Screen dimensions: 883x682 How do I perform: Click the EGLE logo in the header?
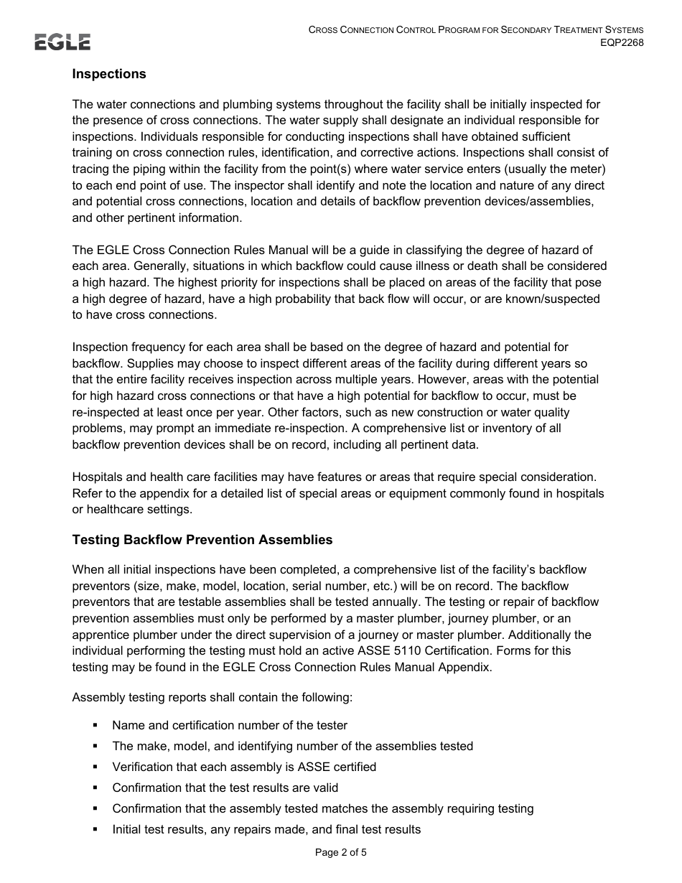coord(62,42)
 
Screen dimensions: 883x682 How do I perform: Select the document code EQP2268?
coord(622,42)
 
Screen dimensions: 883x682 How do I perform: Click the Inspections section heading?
coord(109,74)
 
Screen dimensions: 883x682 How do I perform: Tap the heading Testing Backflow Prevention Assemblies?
coord(202,539)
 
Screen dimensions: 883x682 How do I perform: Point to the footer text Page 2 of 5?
coord(341,853)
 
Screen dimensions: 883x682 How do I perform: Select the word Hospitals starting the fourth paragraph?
coord(98,477)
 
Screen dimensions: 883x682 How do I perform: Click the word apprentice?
coord(101,635)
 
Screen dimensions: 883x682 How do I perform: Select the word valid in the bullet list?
coord(323,788)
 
